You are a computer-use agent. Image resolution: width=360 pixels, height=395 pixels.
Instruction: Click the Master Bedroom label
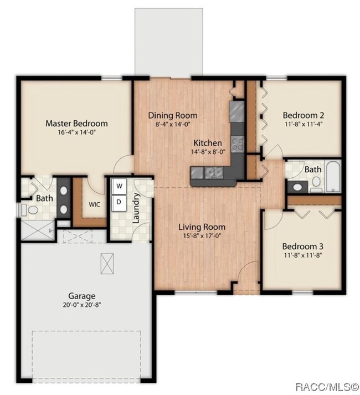76,124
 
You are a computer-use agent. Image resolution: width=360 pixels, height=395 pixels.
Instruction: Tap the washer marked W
119,186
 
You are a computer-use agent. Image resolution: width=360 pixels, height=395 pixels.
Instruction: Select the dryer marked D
119,202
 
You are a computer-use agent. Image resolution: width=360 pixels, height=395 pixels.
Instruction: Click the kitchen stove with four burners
237,144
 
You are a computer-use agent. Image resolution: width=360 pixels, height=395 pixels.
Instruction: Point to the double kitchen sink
214,172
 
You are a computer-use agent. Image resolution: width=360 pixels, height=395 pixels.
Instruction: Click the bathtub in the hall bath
333,176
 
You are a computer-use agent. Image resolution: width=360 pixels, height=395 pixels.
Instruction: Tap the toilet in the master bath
30,210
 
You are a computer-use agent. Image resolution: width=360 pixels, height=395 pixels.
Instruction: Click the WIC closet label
95,204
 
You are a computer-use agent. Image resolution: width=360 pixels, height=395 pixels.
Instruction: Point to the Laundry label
136,208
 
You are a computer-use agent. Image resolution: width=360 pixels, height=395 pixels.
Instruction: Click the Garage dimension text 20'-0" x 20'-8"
82,305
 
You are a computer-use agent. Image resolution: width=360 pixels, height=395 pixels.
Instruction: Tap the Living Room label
202,227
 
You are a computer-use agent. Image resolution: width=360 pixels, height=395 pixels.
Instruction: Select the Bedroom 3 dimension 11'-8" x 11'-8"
303,255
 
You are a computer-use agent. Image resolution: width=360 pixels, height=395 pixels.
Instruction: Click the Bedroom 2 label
304,115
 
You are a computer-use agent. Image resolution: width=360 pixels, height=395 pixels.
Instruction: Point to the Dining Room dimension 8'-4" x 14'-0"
173,124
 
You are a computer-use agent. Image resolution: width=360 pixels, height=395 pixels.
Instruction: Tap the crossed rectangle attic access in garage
107,264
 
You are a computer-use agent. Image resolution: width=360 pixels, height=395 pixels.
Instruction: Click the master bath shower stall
38,230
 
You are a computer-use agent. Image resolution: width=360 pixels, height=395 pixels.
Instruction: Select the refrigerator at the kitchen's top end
237,111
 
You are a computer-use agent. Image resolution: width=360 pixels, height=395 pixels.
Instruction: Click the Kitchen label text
208,143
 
